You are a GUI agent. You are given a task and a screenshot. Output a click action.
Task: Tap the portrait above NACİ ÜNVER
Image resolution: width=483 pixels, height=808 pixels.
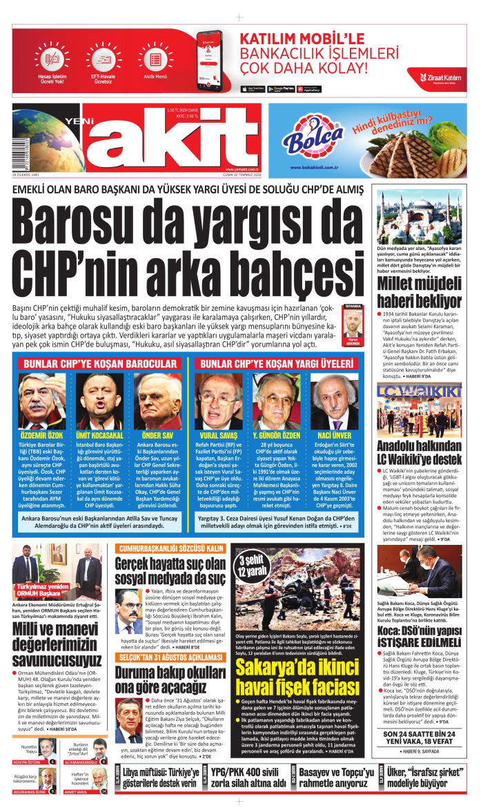tap(334, 401)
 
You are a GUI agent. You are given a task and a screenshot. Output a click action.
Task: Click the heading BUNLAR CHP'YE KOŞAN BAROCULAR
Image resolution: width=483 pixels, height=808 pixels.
tap(100, 363)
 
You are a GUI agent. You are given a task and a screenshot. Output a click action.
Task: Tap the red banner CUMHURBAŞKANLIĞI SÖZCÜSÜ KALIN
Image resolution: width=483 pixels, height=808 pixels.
tap(170, 548)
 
